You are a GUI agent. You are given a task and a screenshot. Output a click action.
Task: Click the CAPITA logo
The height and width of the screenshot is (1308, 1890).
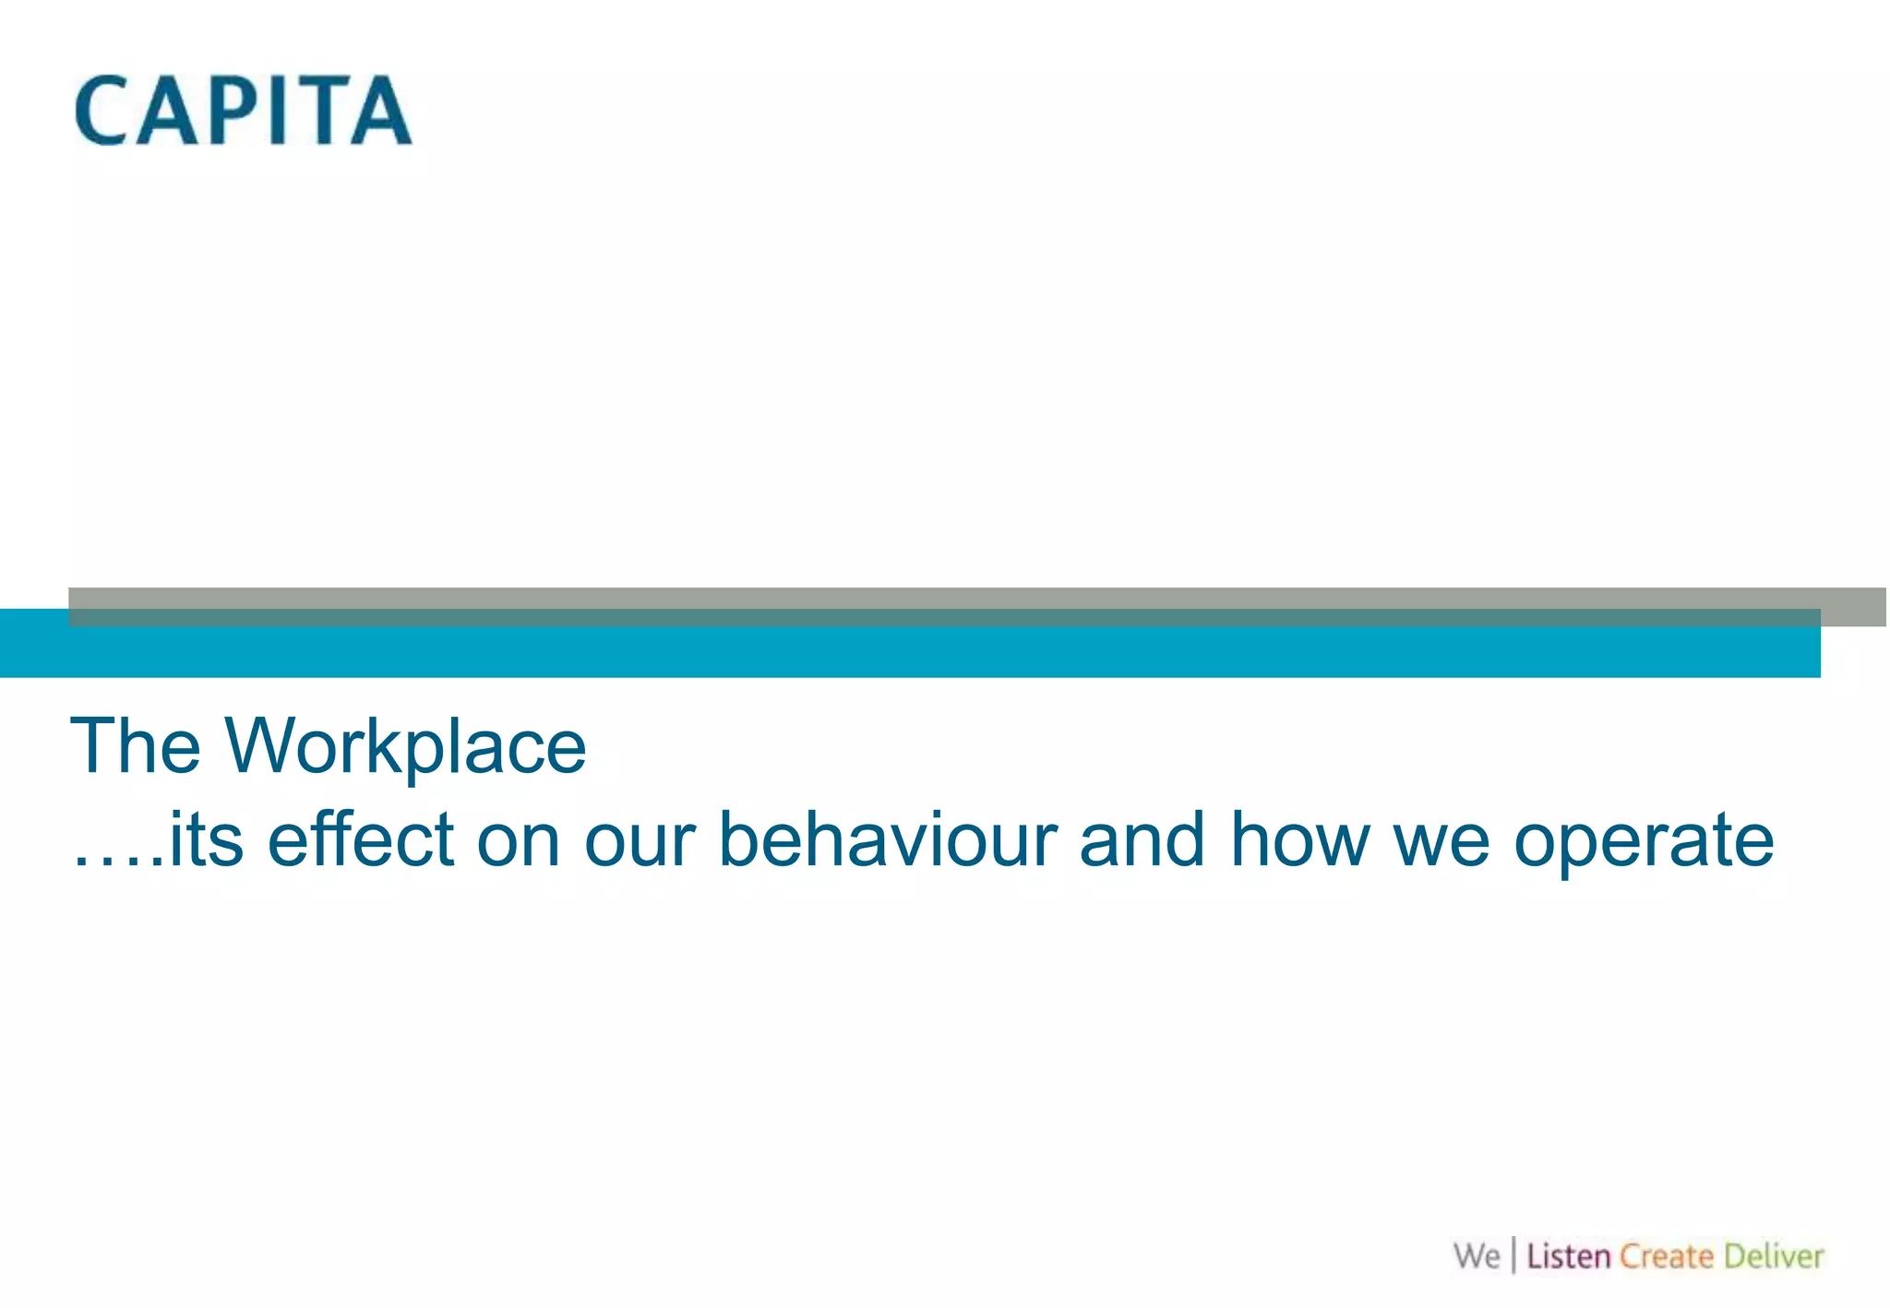click(x=243, y=111)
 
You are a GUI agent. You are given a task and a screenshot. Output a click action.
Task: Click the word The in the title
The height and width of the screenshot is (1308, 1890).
click(x=136, y=745)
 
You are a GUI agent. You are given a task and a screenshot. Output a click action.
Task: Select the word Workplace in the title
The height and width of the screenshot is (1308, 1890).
click(x=405, y=747)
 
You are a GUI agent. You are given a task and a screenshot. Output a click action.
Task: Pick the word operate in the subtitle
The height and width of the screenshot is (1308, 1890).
click(x=1644, y=842)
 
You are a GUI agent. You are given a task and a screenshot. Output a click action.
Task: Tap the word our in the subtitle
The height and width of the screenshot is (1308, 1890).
click(x=640, y=842)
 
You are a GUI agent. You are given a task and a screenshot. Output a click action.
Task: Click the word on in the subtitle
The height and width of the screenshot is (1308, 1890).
click(x=519, y=842)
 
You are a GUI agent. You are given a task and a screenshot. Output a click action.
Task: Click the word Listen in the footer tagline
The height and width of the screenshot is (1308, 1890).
click(x=1568, y=1256)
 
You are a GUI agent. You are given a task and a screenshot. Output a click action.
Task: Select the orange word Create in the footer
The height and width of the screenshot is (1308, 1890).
click(x=1667, y=1256)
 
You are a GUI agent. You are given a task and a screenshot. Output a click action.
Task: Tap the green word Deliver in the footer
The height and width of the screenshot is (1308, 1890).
click(x=1774, y=1256)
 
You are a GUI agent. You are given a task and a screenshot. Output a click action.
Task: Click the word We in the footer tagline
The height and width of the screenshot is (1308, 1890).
click(x=1477, y=1256)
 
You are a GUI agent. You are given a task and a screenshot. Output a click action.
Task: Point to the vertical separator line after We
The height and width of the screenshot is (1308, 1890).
click(x=1513, y=1256)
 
